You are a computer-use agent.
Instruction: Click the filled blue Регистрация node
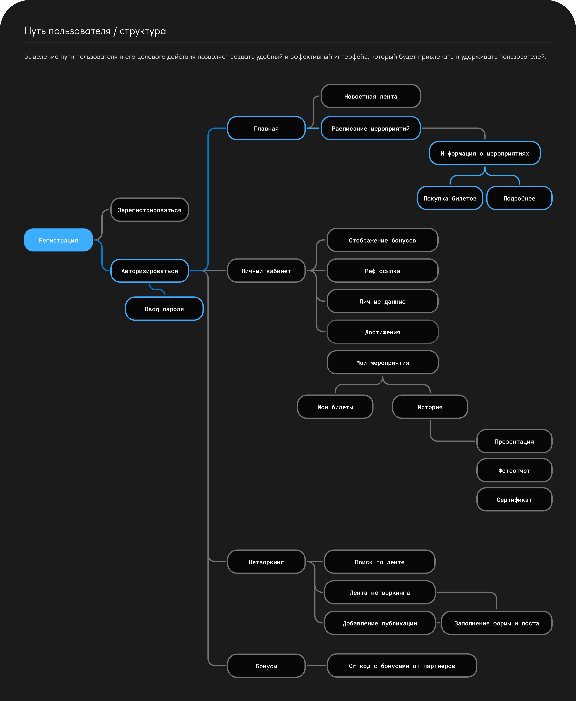58,240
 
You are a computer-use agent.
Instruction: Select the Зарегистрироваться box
150,209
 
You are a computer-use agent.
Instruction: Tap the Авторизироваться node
150,271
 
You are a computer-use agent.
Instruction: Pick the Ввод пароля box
164,309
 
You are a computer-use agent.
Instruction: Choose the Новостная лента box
371,96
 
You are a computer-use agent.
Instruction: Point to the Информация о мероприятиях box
485,153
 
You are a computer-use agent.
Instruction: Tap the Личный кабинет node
266,271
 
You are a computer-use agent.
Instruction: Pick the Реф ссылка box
383,271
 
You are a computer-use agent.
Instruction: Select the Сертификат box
514,499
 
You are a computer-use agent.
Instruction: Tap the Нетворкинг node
266,562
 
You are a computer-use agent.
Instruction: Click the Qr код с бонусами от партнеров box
402,665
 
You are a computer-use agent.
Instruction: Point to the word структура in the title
143,31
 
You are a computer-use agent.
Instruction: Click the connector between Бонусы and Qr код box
316,665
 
